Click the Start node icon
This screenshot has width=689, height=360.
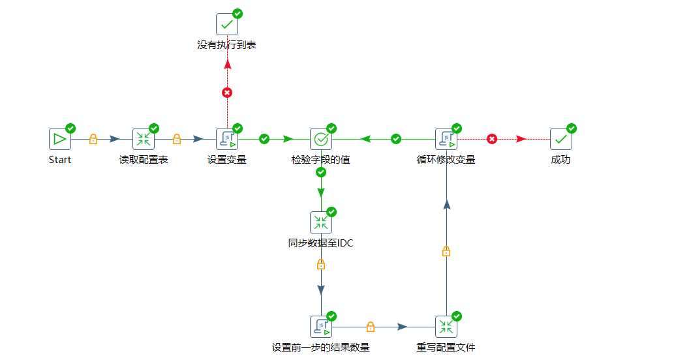tap(60, 139)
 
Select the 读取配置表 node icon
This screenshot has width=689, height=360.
tap(144, 139)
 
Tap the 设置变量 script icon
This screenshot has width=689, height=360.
tap(227, 139)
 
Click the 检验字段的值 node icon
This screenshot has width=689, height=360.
tap(321, 139)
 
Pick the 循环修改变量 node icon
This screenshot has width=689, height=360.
tap(446, 139)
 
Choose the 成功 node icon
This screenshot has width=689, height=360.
tap(561, 139)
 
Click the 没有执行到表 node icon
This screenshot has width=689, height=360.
tap(227, 24)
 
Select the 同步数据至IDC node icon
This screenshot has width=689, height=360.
tap(321, 222)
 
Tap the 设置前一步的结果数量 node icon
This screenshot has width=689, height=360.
tap(321, 327)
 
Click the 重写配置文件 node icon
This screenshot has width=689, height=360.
tap(446, 327)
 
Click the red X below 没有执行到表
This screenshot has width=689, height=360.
tap(227, 93)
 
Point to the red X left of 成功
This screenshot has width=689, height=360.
tap(492, 139)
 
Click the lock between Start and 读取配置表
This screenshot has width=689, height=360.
tap(93, 139)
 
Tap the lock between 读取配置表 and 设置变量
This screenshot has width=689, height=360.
tap(177, 139)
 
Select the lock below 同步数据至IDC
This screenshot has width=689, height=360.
tap(321, 264)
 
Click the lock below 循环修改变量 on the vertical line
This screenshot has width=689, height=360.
tap(446, 251)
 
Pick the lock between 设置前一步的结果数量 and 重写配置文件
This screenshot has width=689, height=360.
tap(371, 327)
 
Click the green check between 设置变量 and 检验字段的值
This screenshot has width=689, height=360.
tap(264, 139)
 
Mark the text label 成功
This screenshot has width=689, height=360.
tap(560, 160)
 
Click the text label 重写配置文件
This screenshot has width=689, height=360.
tap(446, 348)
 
